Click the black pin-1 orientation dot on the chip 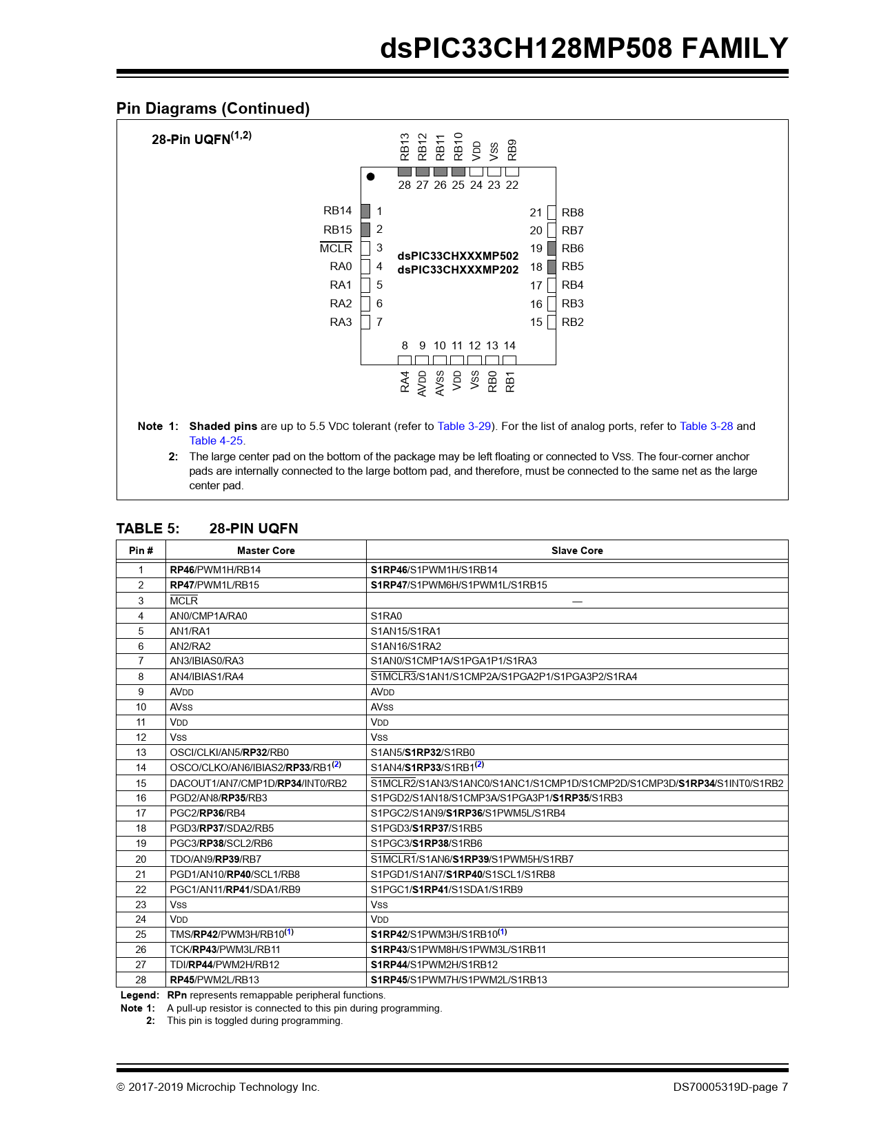[x=370, y=176]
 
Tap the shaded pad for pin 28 [x=405, y=172]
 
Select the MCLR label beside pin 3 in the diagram [x=336, y=248]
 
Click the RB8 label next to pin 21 [x=572, y=212]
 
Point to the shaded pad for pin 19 [x=552, y=248]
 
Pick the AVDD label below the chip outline [x=423, y=382]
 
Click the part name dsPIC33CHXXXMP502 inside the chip [x=458, y=256]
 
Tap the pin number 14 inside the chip [x=509, y=345]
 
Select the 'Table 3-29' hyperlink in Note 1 [x=464, y=426]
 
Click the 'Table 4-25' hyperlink [x=216, y=440]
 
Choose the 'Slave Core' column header [x=577, y=551]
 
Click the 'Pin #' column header [x=141, y=551]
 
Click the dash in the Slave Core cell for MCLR [x=577, y=602]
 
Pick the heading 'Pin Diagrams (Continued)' [x=213, y=108]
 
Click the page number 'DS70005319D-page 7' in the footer [x=730, y=1087]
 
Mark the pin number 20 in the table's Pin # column [x=141, y=859]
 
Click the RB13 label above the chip [x=405, y=146]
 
